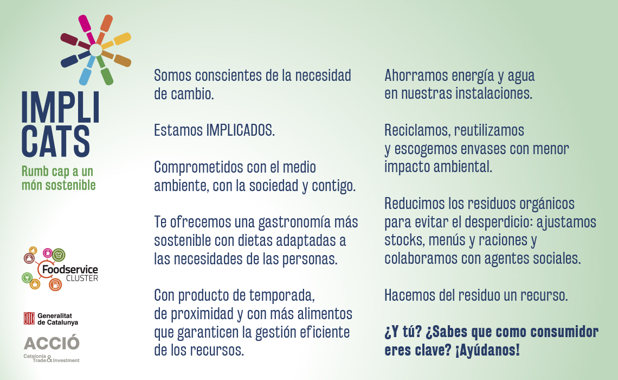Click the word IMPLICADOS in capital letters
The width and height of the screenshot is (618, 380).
pyautogui.click(x=240, y=130)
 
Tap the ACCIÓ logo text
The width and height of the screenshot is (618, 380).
pyautogui.click(x=51, y=343)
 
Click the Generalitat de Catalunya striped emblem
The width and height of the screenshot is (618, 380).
pyautogui.click(x=29, y=319)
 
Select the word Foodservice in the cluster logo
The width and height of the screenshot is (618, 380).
pyautogui.click(x=70, y=269)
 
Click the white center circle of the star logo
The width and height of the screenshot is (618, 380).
pyautogui.click(x=96, y=50)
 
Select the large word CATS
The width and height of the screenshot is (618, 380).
pyautogui.click(x=56, y=141)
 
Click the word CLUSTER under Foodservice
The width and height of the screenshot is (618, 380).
pyautogui.click(x=82, y=278)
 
